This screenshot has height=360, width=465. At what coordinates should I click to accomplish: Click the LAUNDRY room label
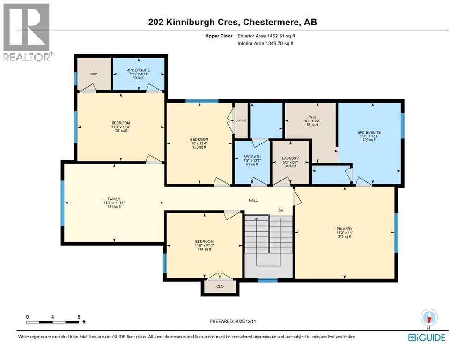pyautogui.click(x=290, y=158)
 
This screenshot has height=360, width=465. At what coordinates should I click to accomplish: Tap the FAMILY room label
pyautogui.click(x=114, y=199)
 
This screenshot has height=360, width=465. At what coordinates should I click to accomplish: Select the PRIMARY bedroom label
pyautogui.click(x=344, y=229)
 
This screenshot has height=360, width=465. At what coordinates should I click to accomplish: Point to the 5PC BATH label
pyautogui.click(x=252, y=157)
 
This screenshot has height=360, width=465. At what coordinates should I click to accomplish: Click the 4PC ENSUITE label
pyautogui.click(x=139, y=70)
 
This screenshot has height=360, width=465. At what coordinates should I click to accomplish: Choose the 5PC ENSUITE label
pyautogui.click(x=369, y=132)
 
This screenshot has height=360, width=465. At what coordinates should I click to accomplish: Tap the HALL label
pyautogui.click(x=253, y=200)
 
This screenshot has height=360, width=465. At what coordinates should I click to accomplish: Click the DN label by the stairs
pyautogui.click(x=281, y=210)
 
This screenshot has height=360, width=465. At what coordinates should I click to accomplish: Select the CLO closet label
pyautogui.click(x=220, y=286)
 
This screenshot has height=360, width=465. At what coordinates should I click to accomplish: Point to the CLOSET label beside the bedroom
pyautogui.click(x=241, y=120)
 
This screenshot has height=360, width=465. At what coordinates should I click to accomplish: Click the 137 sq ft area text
pyautogui.click(x=121, y=131)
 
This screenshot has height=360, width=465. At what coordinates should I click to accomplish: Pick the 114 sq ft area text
pyautogui.click(x=204, y=249)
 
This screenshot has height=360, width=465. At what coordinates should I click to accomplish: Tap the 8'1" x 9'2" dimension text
pyautogui.click(x=312, y=121)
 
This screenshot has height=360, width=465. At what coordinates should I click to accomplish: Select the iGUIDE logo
pyautogui.click(x=427, y=338)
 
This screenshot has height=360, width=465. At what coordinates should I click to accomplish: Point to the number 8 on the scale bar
pyautogui.click(x=79, y=317)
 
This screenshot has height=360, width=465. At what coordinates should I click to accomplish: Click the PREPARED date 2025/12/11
pyautogui.click(x=245, y=321)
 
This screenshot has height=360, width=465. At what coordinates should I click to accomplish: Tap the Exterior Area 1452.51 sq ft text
pyautogui.click(x=266, y=36)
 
